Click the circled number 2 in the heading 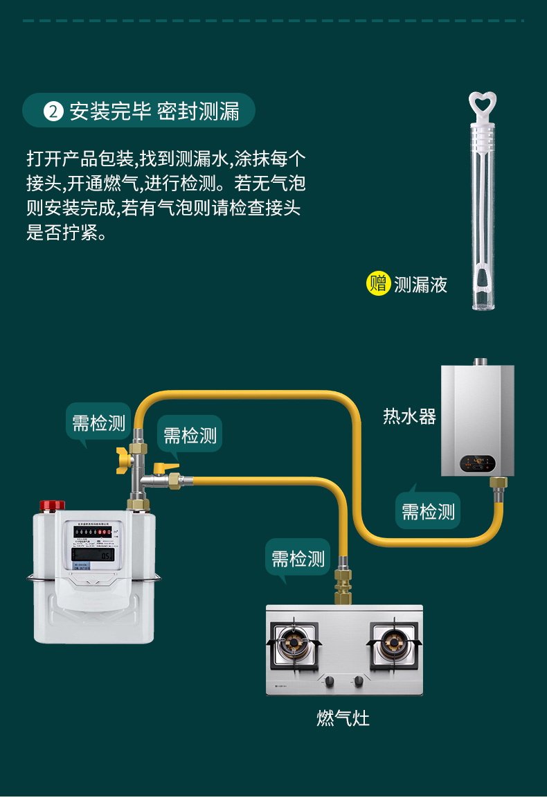click(53, 112)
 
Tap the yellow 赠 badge click(378, 283)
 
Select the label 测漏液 click(420, 284)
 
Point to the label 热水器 click(410, 416)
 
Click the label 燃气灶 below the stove click(343, 718)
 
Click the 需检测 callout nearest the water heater click(429, 513)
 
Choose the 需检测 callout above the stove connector click(298, 559)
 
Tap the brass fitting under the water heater click(497, 483)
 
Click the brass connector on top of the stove click(342, 585)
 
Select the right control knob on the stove click(359, 682)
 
